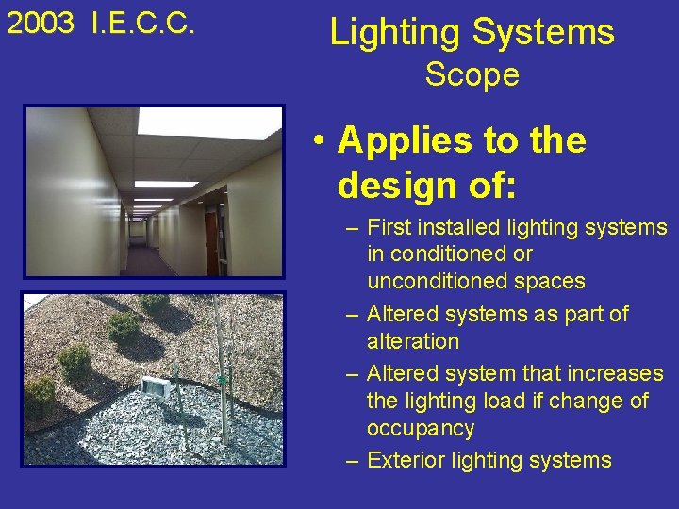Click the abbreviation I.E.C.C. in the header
point(143,25)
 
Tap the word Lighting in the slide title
point(395,32)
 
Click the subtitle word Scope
point(472,74)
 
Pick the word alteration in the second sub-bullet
point(412,341)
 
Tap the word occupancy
point(420,429)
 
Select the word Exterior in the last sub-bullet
point(402,460)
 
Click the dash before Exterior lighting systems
point(352,461)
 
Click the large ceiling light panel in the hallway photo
point(208,123)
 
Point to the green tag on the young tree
point(223,379)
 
